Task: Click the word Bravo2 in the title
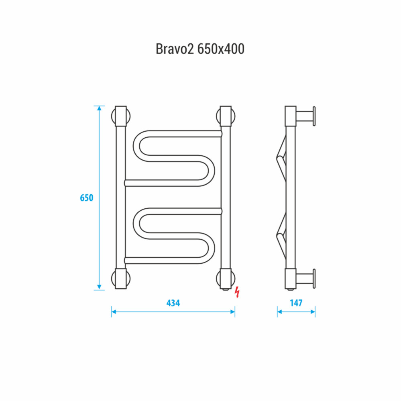coord(175,49)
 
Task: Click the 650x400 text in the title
coord(221,49)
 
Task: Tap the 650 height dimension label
coord(87,197)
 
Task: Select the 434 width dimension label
coord(173,303)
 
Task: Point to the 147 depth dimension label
coord(296,303)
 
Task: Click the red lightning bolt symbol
coord(237,292)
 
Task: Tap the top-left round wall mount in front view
coord(121,116)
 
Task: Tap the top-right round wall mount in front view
coord(226,116)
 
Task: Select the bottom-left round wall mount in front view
coord(121,279)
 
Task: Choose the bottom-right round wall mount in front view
coord(226,279)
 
